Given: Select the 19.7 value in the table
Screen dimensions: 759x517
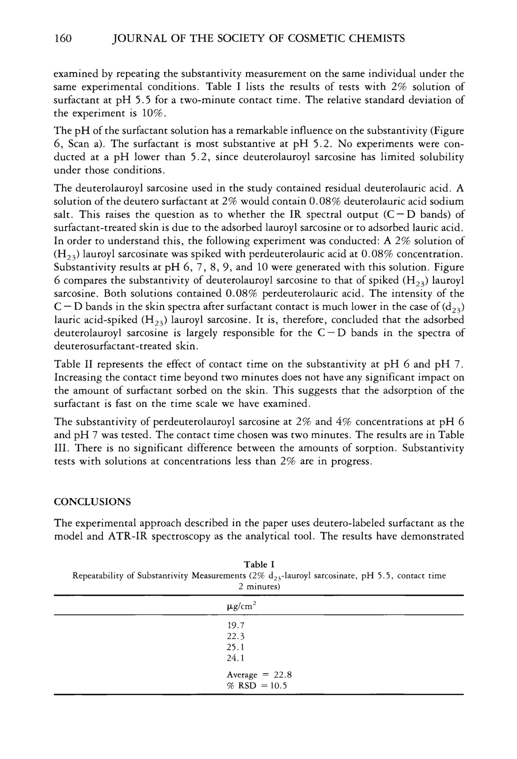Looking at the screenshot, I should pos(236,626).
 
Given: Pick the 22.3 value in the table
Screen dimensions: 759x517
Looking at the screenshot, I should pos(236,636).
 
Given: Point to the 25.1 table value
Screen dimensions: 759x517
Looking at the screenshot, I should pos(236,647).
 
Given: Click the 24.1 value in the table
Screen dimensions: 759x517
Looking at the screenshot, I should pos(236,658).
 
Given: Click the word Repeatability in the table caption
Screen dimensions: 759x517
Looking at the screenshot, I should pos(98,576).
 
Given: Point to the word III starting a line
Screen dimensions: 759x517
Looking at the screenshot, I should pos(61,448).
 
